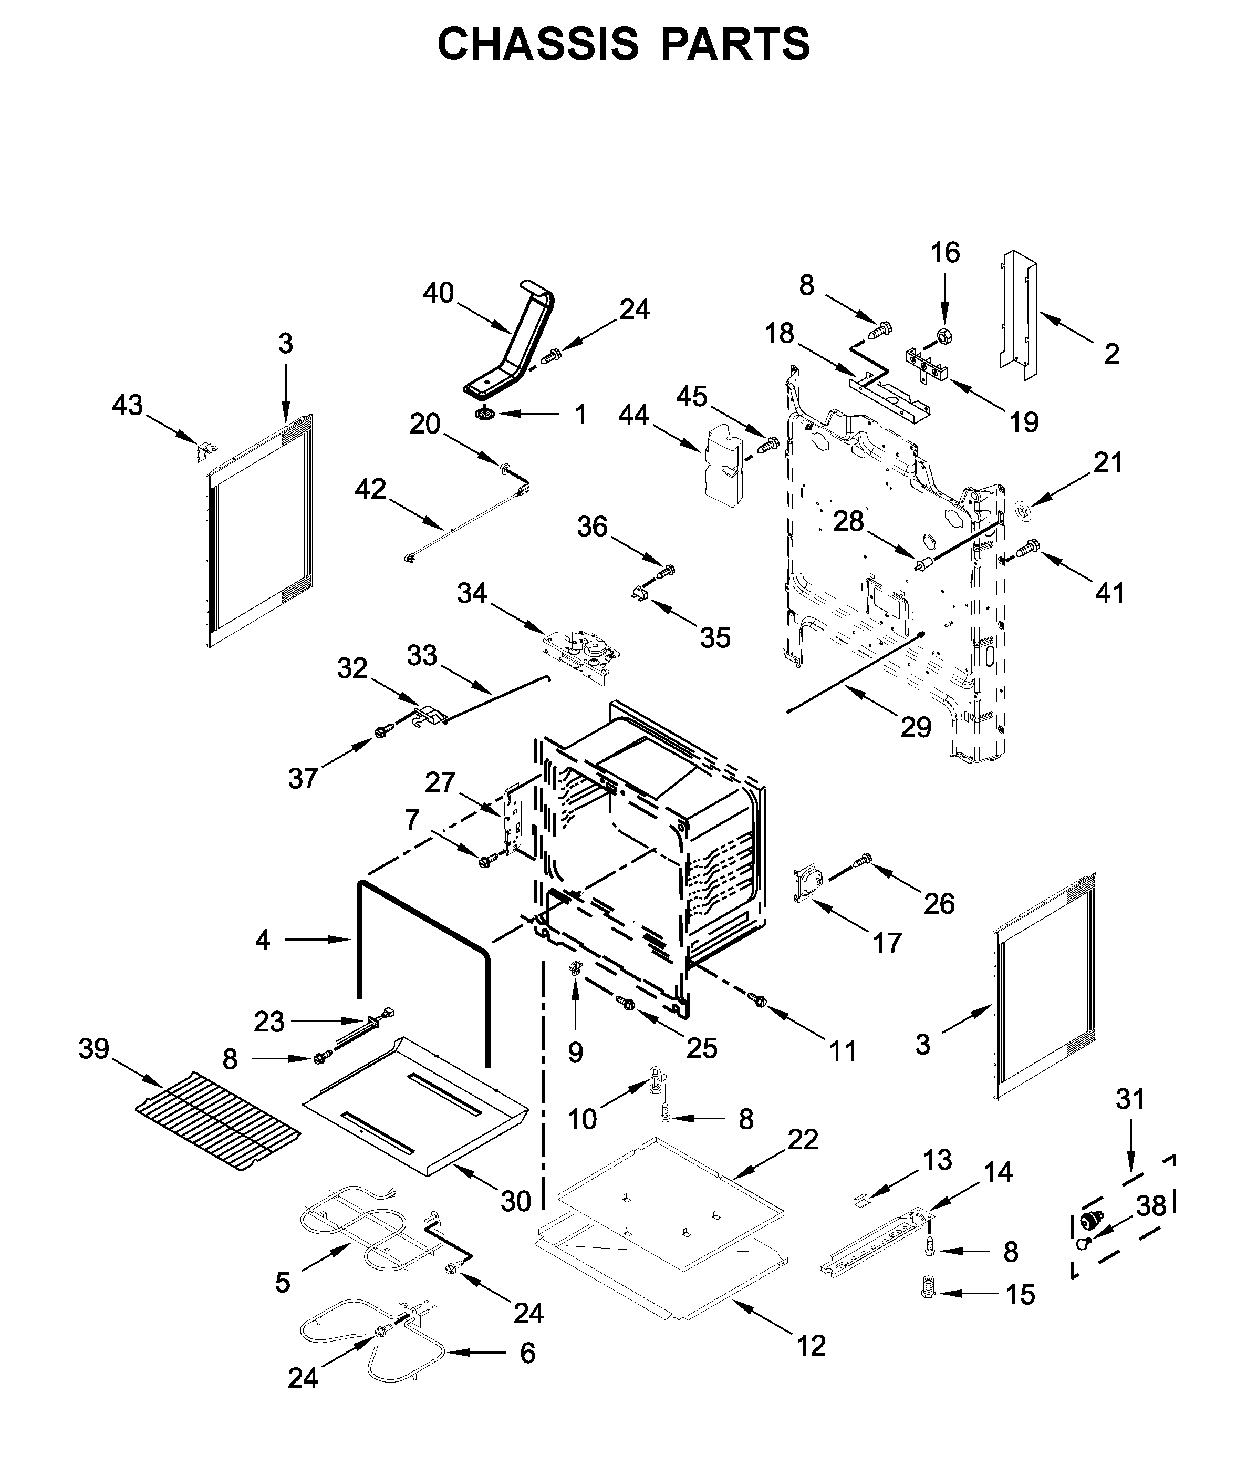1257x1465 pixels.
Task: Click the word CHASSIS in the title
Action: (x=537, y=44)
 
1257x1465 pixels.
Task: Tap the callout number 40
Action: (x=438, y=293)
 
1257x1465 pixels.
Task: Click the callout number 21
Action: (x=1108, y=463)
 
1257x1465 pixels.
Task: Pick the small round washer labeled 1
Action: (x=485, y=414)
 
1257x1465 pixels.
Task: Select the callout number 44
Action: (x=633, y=415)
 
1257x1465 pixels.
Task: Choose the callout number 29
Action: (x=916, y=726)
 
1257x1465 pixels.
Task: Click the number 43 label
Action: (x=127, y=405)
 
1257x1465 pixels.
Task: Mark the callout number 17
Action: (x=887, y=943)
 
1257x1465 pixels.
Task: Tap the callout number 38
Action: (x=1151, y=1205)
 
